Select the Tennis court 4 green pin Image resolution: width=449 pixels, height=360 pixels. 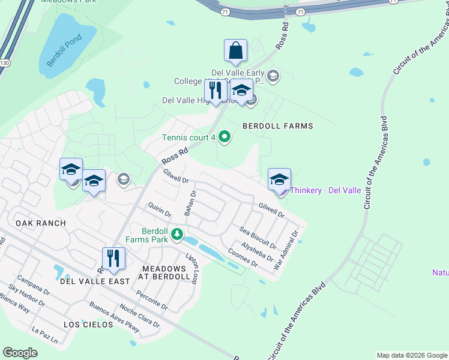[x=225, y=138]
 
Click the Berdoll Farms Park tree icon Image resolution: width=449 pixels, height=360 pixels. [x=176, y=234]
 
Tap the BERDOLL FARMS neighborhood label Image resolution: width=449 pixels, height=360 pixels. [x=278, y=126]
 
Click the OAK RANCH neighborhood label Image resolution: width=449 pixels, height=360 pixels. [x=41, y=223]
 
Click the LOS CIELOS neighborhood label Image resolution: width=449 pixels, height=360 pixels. [x=88, y=324]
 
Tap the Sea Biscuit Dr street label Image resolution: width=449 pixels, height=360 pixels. [x=258, y=238]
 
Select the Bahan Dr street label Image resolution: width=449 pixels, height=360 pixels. [x=190, y=203]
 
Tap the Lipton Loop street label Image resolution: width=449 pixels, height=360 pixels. [x=191, y=268]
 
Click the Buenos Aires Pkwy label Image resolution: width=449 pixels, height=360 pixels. [x=114, y=317]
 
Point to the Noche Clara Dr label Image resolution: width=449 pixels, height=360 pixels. [x=140, y=316]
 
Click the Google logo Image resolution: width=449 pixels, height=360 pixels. [x=20, y=353]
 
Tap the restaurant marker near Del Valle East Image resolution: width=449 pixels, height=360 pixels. [x=113, y=259]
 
